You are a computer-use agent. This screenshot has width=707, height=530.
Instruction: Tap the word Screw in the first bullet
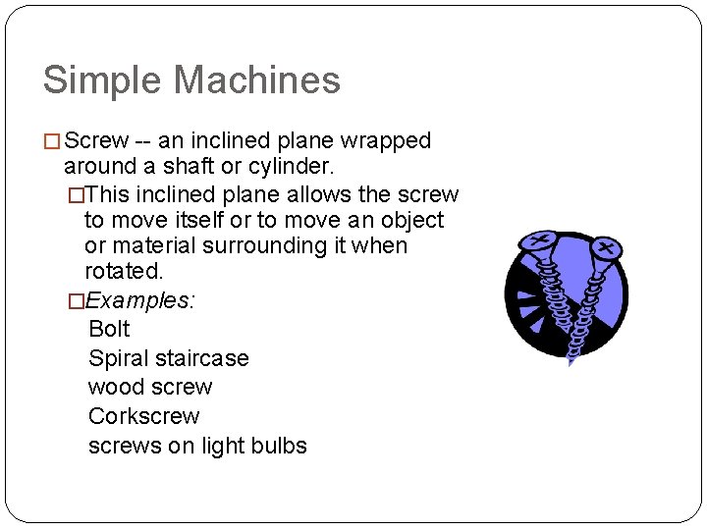tap(96, 141)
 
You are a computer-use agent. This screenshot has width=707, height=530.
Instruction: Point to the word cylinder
tap(291, 167)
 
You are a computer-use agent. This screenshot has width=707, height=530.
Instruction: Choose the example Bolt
tap(109, 329)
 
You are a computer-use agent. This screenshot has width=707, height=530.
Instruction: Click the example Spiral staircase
tap(168, 358)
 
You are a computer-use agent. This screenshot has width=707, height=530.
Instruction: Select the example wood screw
tap(150, 387)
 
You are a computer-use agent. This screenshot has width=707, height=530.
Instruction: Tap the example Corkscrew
tap(143, 416)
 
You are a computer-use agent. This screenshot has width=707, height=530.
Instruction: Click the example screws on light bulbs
tap(197, 446)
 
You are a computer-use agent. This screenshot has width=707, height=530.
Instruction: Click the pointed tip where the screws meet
tap(570, 360)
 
